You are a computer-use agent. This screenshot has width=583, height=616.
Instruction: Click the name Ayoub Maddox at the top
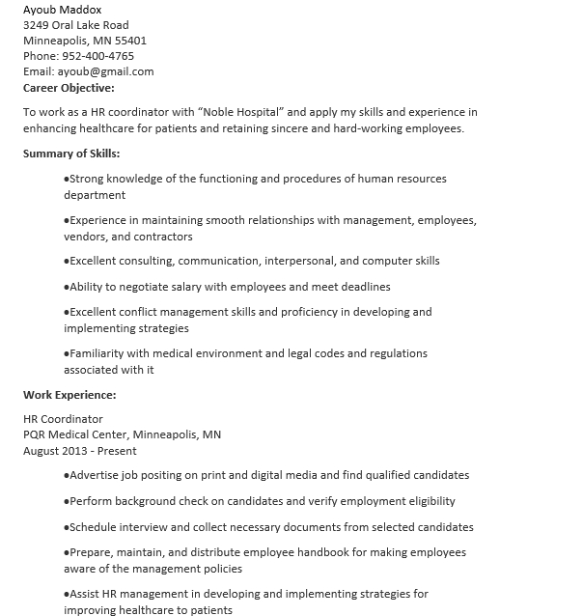(x=62, y=10)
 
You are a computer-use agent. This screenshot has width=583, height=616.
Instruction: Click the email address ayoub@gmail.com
(x=105, y=71)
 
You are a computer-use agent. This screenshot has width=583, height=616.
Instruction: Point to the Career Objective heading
(x=69, y=87)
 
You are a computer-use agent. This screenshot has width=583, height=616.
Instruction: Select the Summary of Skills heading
(x=71, y=154)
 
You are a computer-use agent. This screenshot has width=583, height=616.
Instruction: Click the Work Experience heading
(x=69, y=395)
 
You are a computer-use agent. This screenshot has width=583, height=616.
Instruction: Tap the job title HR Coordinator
(x=63, y=419)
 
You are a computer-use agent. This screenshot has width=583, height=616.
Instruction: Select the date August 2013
(x=53, y=451)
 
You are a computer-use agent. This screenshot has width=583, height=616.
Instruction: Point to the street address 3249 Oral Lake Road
(x=75, y=25)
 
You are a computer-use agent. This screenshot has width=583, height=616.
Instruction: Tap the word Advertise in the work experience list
(x=95, y=475)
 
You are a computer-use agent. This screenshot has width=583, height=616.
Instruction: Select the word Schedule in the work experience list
(x=94, y=527)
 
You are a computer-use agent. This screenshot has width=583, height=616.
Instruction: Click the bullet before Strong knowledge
(x=67, y=179)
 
